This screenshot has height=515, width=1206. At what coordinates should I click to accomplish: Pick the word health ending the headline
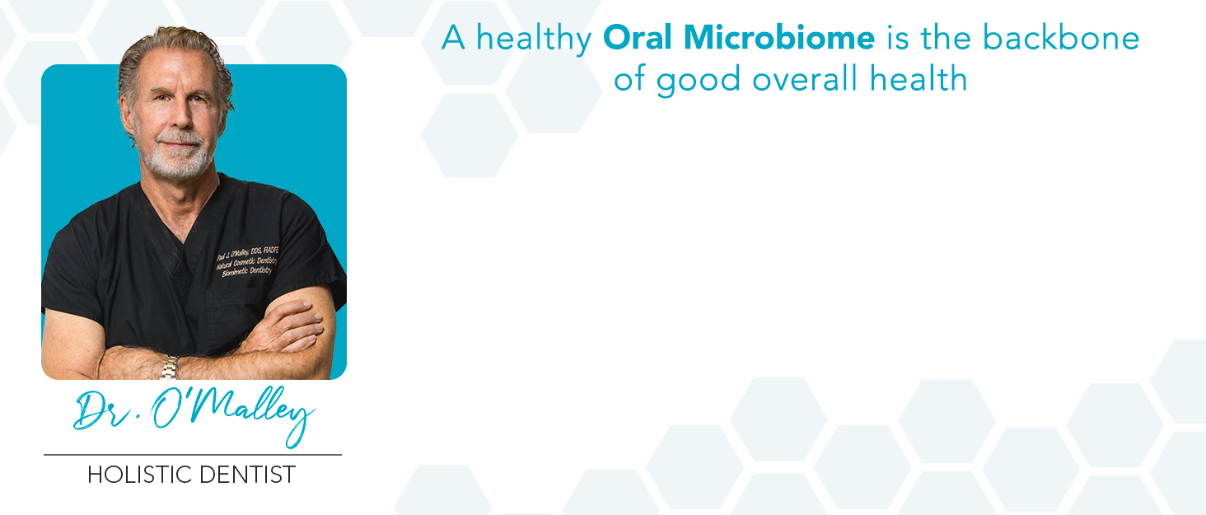click(x=922, y=78)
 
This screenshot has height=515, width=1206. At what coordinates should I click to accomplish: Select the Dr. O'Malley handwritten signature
click(x=194, y=412)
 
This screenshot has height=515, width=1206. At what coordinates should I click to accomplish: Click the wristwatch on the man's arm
click(x=169, y=366)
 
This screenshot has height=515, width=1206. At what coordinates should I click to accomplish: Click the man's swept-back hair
click(x=169, y=41)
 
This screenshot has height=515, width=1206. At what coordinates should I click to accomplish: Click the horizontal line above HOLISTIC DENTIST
click(x=192, y=454)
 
